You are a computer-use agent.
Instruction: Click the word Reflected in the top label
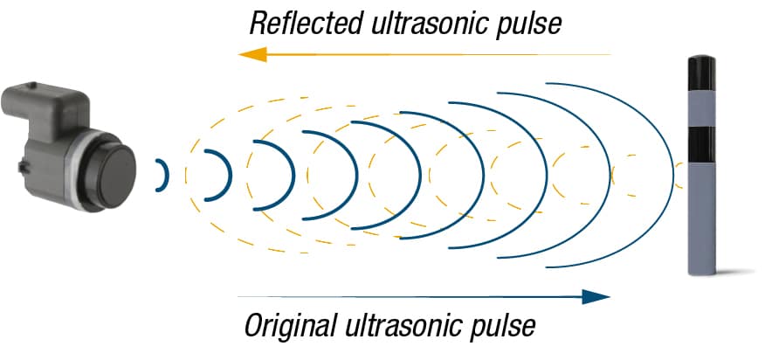point(307,23)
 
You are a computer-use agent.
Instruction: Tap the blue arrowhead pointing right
point(596,296)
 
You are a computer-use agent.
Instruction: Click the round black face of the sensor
point(118,176)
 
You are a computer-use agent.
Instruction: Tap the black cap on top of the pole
point(701,73)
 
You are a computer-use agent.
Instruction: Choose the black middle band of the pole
point(701,144)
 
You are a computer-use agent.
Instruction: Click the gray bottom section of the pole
point(701,218)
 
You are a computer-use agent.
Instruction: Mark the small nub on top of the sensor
point(31,85)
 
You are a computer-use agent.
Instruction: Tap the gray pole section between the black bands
point(701,108)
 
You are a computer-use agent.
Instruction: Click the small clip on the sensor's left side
point(23,167)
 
